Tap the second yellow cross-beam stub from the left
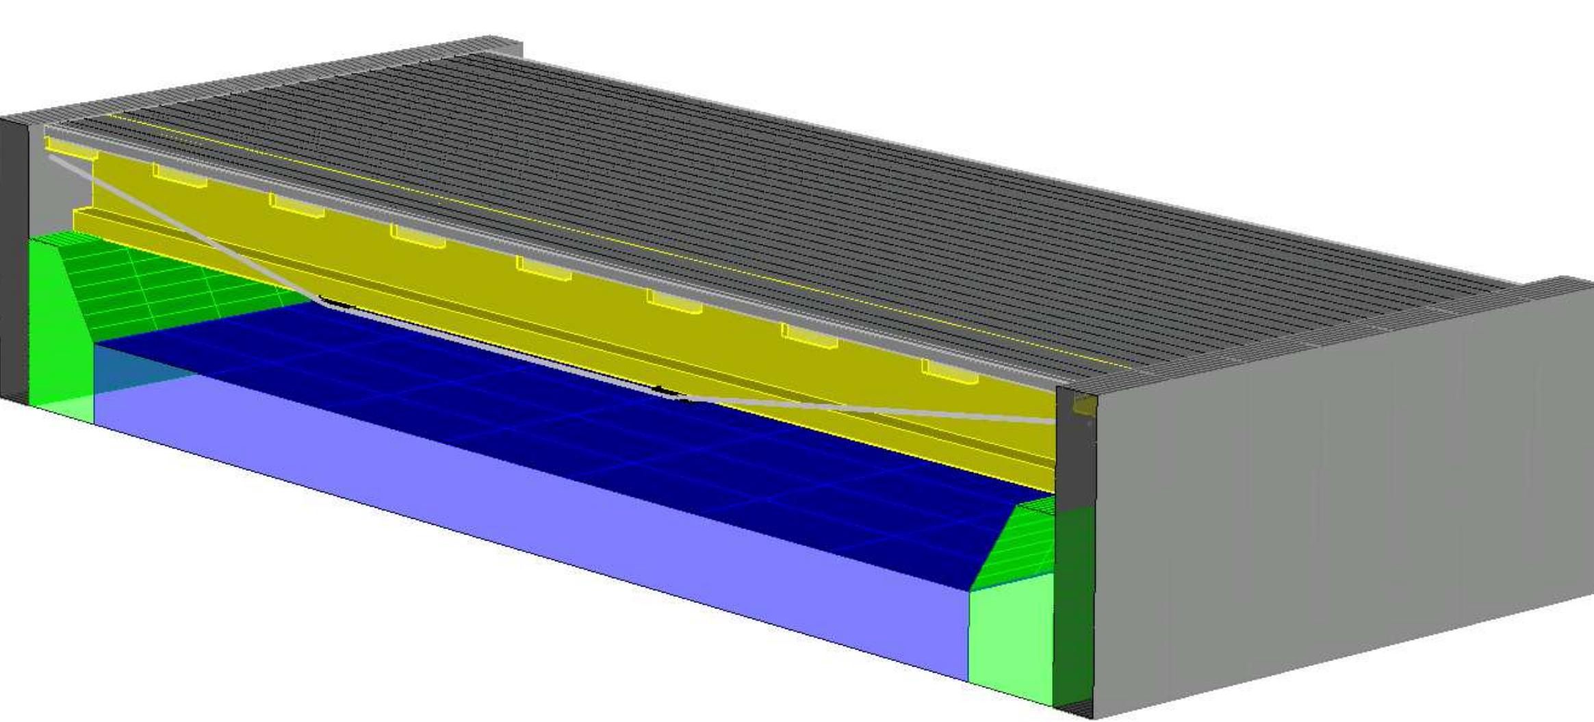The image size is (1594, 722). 180,175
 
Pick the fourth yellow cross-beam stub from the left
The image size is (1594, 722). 417,235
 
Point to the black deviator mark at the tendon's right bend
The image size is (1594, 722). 667,392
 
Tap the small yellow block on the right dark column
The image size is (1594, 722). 1084,406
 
